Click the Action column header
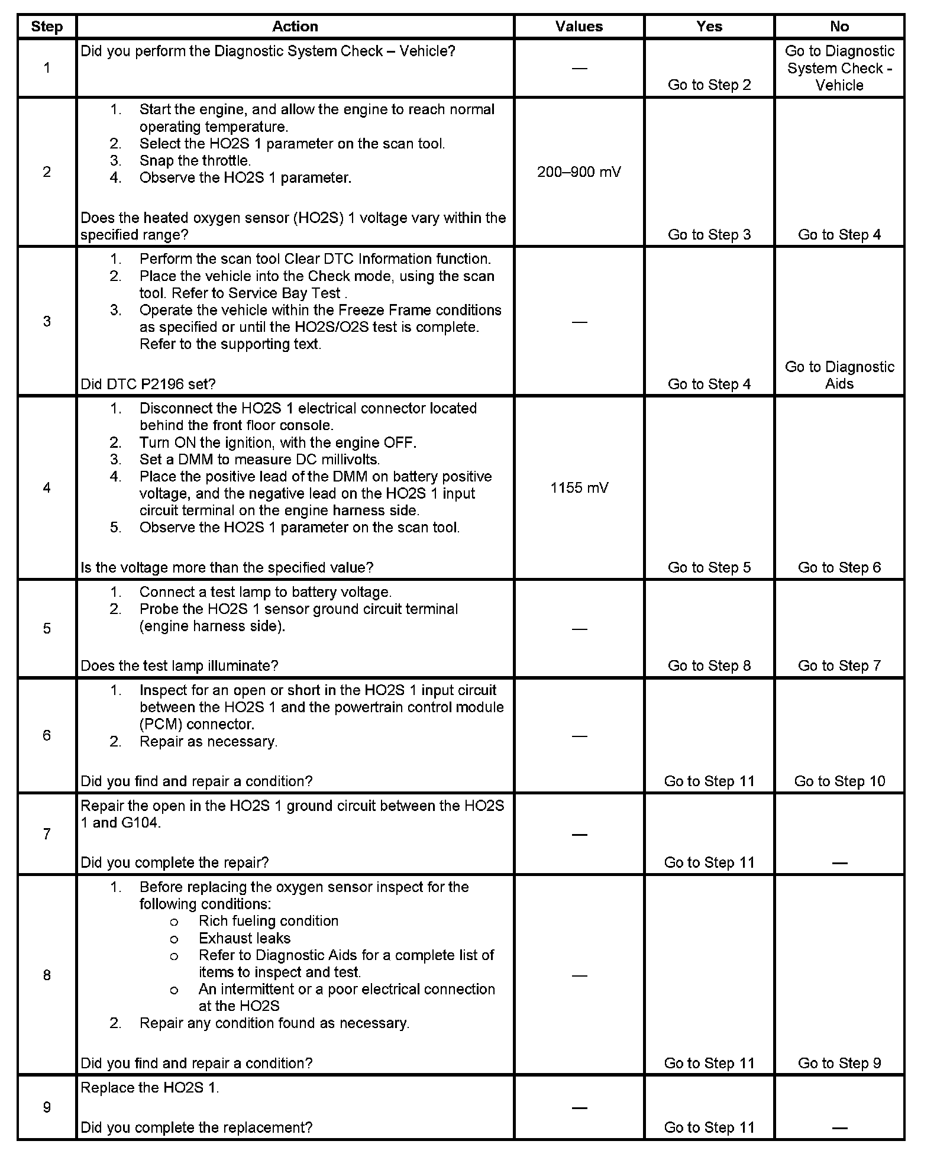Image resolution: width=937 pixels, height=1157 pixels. (295, 27)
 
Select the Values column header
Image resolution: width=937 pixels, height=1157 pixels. (579, 27)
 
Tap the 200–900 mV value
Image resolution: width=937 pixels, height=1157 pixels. (579, 172)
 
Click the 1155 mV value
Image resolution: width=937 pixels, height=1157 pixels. (579, 488)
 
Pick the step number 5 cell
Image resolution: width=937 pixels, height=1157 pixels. (47, 628)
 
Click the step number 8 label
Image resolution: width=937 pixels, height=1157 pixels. (47, 975)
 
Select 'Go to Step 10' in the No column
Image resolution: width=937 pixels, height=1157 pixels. (839, 781)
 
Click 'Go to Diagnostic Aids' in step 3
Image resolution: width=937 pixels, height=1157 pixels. (839, 375)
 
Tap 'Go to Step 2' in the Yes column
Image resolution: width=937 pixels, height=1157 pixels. (709, 85)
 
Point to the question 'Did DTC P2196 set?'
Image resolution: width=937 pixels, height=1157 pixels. (148, 384)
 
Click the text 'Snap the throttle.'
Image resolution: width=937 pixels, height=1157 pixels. (195, 160)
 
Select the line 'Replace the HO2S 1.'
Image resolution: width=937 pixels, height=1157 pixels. (150, 1088)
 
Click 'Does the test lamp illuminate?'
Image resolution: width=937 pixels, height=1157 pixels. (179, 665)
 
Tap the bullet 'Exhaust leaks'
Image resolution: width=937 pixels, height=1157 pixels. (244, 938)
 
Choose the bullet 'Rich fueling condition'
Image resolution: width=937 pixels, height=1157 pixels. (268, 921)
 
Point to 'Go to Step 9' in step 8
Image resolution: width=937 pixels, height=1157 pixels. (839, 1063)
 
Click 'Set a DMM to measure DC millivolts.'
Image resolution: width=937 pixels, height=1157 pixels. (259, 459)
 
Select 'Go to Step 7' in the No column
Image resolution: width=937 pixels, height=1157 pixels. (839, 665)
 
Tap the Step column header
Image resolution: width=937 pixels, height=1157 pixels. (47, 27)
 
